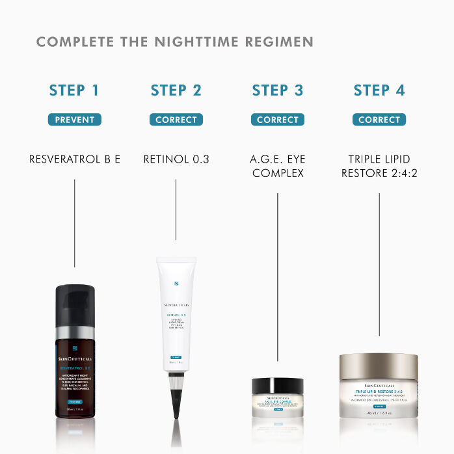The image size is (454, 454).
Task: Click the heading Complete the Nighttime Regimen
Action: coord(174,42)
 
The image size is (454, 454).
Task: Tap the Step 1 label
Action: coord(75,90)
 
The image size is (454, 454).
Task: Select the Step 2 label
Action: coord(176,90)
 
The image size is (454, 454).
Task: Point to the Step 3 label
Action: coord(278,90)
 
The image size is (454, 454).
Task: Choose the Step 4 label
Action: coord(379,90)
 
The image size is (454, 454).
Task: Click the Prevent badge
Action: coord(75,120)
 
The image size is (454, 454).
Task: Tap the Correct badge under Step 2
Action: coord(176,120)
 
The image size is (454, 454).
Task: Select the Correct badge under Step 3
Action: coord(278,120)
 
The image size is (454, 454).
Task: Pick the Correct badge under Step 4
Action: coord(379,120)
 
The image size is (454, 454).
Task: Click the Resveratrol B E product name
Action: coord(75,159)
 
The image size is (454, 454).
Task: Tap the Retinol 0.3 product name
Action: coord(176,159)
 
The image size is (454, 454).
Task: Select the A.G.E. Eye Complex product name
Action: coord(278,166)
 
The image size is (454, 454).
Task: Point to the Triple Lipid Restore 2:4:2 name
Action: coord(379,166)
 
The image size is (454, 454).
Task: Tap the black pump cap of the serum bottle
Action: coord(75,306)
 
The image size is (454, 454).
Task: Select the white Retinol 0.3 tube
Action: coord(176,312)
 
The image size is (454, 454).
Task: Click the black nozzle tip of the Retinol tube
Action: coord(176,400)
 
